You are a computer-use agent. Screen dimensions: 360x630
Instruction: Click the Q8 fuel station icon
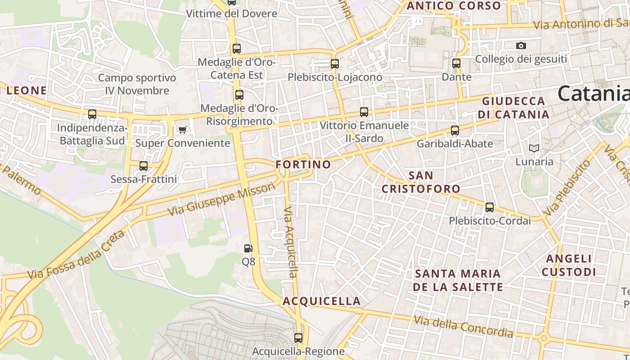(248, 248)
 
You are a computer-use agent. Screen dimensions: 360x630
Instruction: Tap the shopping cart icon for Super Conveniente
(182, 130)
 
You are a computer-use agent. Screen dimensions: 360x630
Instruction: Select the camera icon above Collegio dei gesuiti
(521, 45)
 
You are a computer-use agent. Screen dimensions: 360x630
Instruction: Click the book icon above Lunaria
(534, 148)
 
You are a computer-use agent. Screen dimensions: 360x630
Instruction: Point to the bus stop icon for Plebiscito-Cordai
(490, 207)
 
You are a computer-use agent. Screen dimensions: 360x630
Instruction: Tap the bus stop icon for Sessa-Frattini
(144, 166)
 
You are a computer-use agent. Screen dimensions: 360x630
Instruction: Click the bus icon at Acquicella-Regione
(298, 337)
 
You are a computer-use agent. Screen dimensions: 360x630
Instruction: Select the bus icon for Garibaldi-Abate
(455, 130)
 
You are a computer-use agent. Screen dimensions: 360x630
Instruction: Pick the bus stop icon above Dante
(456, 63)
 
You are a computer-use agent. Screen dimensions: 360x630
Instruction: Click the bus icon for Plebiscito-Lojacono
(335, 64)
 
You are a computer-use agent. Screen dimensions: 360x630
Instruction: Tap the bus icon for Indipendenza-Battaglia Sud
(92, 114)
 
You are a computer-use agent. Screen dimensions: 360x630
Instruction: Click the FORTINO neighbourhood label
(303, 164)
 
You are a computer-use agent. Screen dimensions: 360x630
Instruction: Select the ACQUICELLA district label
(322, 301)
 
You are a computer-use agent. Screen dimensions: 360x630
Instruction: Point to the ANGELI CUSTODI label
(569, 265)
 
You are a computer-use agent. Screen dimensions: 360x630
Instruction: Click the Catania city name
(593, 94)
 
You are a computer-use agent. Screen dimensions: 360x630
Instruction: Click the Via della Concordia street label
(463, 327)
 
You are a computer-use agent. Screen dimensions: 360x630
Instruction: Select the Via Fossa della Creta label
(76, 255)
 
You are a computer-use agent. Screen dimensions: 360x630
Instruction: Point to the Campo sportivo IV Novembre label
(137, 84)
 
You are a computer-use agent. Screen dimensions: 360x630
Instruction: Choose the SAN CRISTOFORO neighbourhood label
(421, 182)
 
